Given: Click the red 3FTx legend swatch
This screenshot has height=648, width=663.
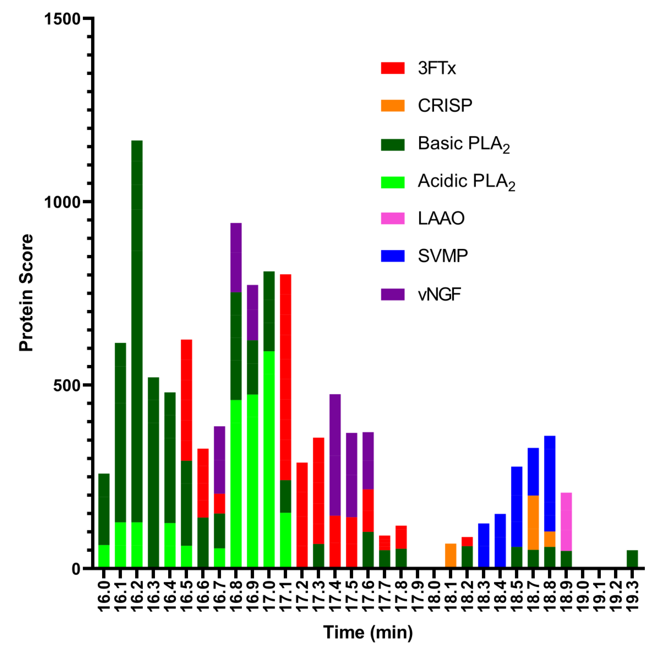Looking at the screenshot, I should pos(392,68).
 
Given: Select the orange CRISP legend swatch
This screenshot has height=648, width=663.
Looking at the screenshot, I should pos(392,105).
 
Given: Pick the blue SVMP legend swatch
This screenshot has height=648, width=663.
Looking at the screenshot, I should pos(392,256).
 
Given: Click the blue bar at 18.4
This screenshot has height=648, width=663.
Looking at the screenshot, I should pos(500,541).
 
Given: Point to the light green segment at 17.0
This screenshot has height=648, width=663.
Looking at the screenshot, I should pos(269,459).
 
